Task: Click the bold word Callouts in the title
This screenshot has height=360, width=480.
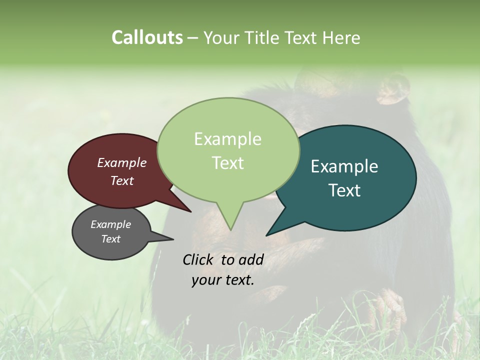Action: pos(147,37)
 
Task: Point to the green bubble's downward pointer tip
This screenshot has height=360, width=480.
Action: pos(230,230)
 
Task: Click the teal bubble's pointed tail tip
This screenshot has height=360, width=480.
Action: pos(266,235)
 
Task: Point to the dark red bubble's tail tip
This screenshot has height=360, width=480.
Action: pos(191,212)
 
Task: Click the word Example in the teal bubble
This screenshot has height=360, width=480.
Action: pos(344,166)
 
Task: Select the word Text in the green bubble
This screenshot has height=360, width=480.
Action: pos(228,163)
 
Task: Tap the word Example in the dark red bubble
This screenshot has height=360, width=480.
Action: pos(121,163)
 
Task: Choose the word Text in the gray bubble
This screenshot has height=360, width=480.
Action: pos(111,239)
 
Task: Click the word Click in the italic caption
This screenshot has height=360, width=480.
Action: pos(199,259)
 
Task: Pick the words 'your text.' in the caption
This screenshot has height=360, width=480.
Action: pos(223,280)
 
